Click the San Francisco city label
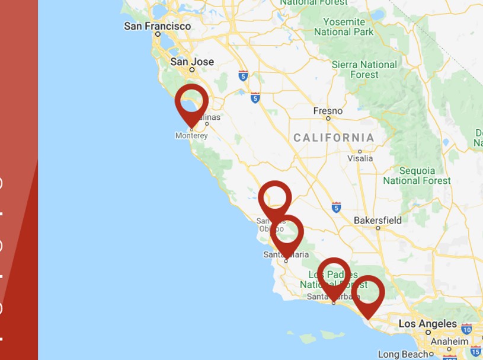click(x=157, y=26)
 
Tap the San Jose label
click(x=191, y=62)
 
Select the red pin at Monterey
click(x=191, y=102)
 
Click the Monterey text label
click(x=191, y=136)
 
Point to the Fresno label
click(x=328, y=111)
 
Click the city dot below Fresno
click(x=328, y=119)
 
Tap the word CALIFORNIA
click(x=334, y=138)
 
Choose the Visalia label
click(x=360, y=158)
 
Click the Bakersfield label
click(x=378, y=221)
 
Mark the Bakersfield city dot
click(x=378, y=228)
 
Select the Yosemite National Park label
click(x=344, y=27)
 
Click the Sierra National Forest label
click(x=364, y=69)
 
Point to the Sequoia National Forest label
click(x=417, y=176)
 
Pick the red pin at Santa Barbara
click(x=334, y=275)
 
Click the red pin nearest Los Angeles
click(x=368, y=293)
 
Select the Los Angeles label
click(x=427, y=324)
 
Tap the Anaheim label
click(x=449, y=342)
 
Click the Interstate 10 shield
click(x=466, y=329)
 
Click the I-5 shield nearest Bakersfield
click(x=336, y=207)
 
